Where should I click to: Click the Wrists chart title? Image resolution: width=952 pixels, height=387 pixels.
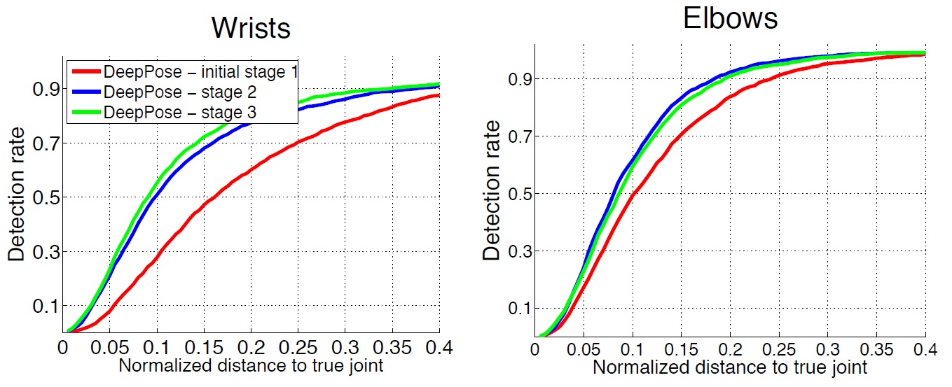251,28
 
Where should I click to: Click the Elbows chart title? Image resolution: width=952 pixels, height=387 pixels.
730,19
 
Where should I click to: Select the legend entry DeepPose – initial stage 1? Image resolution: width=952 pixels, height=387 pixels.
198,72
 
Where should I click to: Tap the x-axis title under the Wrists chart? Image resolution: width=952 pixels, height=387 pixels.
251,365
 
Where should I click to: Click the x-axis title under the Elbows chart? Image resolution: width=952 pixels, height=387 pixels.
730,367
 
